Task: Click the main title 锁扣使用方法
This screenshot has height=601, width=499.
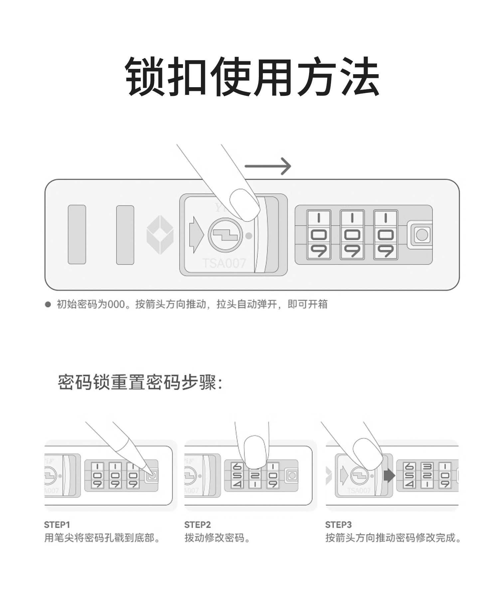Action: pyautogui.click(x=252, y=77)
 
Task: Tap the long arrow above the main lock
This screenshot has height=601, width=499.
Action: pyautogui.click(x=268, y=166)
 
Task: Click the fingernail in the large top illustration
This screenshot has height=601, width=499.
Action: pyautogui.click(x=245, y=205)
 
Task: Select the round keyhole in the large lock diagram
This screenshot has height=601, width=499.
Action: pyautogui.click(x=225, y=235)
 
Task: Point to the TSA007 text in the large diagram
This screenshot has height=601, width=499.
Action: pyautogui.click(x=224, y=263)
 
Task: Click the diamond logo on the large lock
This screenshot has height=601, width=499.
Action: pyautogui.click(x=160, y=235)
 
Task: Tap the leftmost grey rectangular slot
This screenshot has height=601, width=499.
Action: pyautogui.click(x=77, y=235)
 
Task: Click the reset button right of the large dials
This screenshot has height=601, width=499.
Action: pyautogui.click(x=422, y=235)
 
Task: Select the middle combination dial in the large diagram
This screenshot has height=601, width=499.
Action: pyautogui.click(x=352, y=235)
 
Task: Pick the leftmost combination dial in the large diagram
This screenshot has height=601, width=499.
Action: pyautogui.click(x=318, y=235)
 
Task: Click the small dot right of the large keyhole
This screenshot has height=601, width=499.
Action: pyautogui.click(x=249, y=236)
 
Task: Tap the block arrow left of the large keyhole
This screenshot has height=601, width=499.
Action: pyautogui.click(x=196, y=235)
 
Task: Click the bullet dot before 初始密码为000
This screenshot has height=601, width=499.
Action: pyautogui.click(x=48, y=304)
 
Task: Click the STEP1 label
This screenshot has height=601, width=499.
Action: pyautogui.click(x=57, y=525)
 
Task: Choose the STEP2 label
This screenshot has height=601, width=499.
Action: pyautogui.click(x=197, y=525)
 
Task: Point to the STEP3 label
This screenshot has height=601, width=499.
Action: pyautogui.click(x=338, y=525)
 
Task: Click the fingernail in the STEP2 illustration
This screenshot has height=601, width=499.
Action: pyautogui.click(x=255, y=451)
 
